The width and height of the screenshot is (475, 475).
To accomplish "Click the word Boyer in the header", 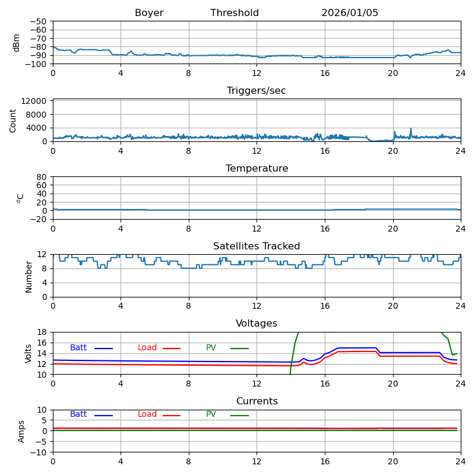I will click(x=149, y=13).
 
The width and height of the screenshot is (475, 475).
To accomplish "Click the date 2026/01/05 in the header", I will click(x=350, y=13).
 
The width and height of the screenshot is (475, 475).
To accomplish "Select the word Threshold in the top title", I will click(x=235, y=13).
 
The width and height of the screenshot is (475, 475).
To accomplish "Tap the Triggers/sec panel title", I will click(x=256, y=91).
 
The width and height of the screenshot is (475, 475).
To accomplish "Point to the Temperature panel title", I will click(x=256, y=169).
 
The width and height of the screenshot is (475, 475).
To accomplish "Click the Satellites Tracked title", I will click(x=256, y=246).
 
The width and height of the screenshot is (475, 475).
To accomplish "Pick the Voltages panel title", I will click(x=256, y=324).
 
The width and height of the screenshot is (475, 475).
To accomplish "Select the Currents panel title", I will click(x=256, y=401).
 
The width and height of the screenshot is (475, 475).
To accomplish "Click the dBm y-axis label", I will click(x=17, y=42).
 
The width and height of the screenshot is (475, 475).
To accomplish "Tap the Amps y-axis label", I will click(x=22, y=431).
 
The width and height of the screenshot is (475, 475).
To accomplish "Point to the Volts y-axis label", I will click(x=28, y=353).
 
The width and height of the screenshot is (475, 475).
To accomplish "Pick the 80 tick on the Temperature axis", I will click(x=42, y=177).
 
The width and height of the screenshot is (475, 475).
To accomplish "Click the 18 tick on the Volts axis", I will click(x=43, y=332).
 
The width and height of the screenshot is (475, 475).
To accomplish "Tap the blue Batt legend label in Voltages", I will click(x=78, y=348).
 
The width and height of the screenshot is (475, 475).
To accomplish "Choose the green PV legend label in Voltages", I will click(x=211, y=348).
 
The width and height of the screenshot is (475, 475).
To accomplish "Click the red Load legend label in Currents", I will click(x=147, y=414).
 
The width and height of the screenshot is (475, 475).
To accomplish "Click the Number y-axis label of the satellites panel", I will click(x=28, y=276).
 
